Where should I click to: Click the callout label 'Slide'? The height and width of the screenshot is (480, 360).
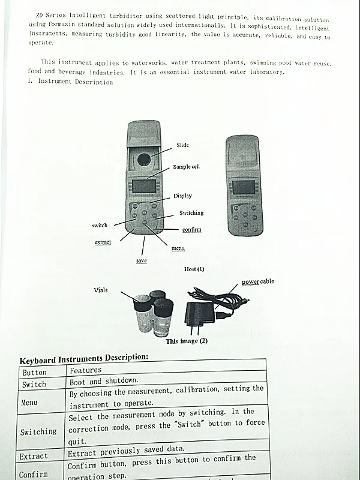(x=182, y=145)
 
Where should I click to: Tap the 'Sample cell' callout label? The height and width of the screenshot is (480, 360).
(x=186, y=167)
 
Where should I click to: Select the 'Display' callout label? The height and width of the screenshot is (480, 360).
(x=182, y=196)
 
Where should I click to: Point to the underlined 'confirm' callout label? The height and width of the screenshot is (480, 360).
(x=191, y=230)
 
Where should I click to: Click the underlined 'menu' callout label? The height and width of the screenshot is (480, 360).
(x=178, y=248)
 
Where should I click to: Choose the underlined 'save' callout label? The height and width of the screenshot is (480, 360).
(x=142, y=260)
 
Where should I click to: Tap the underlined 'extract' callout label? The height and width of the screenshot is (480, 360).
(x=103, y=242)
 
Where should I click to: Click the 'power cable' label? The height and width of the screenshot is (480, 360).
(x=258, y=281)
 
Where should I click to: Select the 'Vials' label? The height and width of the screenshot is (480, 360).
(x=101, y=290)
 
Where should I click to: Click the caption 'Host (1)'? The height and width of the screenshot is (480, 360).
(x=194, y=269)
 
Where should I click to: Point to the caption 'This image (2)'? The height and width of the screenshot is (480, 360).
(x=186, y=341)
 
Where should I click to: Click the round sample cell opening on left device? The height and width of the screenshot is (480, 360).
(x=144, y=159)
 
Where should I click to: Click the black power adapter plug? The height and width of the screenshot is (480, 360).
(x=197, y=314)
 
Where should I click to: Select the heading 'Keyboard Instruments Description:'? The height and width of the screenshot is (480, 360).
(x=83, y=359)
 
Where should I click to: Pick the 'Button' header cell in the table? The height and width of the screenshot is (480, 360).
(x=34, y=373)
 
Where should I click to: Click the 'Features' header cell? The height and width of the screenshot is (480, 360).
(x=86, y=371)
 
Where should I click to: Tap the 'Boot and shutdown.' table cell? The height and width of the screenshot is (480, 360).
(x=104, y=381)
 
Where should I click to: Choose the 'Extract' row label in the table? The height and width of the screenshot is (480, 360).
(x=34, y=457)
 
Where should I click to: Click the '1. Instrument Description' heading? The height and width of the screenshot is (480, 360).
(x=70, y=82)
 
